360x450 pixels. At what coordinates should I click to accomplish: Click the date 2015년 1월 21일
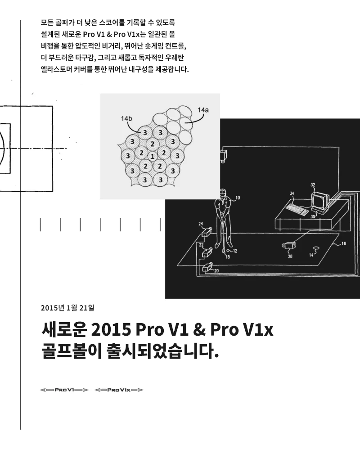67,308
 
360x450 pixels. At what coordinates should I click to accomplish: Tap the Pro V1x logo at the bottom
119,390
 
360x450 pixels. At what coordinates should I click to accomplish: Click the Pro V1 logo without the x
64,390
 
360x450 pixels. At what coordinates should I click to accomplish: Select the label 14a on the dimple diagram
203,110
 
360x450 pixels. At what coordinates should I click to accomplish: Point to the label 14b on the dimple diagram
126,118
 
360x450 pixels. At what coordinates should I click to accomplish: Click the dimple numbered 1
153,157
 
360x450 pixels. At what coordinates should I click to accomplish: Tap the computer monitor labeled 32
320,202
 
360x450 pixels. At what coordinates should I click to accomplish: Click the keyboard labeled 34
297,209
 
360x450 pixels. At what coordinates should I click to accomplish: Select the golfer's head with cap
223,193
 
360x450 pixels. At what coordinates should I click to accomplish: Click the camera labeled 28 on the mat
289,245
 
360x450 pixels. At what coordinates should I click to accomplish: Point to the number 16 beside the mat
344,243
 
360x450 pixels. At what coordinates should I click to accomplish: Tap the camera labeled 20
207,267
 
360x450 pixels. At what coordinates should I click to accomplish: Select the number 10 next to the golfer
238,198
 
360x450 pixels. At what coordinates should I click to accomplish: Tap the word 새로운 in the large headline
64,329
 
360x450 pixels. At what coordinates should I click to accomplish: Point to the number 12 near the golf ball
235,251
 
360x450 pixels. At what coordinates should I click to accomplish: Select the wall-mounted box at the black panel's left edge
224,156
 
